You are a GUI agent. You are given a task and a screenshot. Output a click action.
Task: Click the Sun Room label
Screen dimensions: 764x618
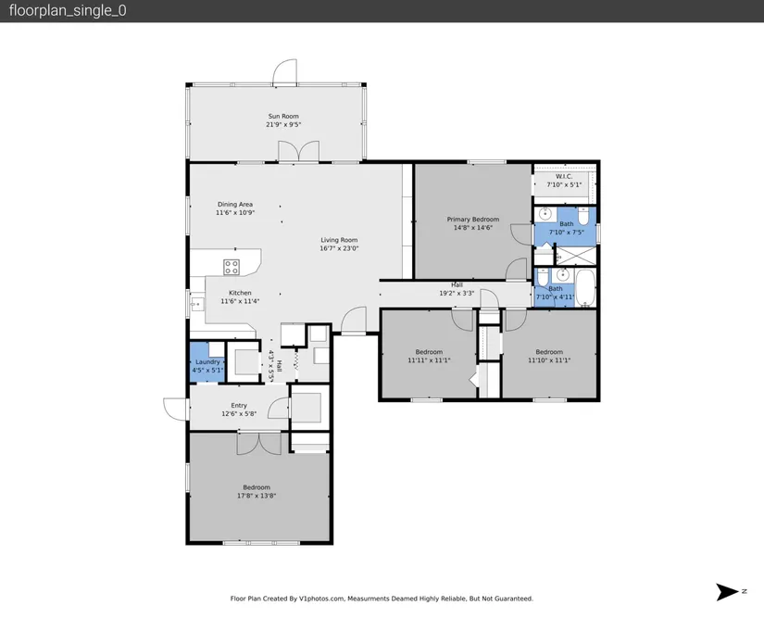[x=283, y=116]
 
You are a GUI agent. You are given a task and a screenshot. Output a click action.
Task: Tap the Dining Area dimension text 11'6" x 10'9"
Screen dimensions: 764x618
[x=235, y=212]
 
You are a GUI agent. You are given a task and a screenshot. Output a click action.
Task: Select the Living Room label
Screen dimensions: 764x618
[x=339, y=240]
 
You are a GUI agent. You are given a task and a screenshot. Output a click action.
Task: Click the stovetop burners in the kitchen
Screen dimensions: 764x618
[x=232, y=267]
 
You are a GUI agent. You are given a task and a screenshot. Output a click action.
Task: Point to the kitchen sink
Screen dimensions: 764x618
[x=197, y=304]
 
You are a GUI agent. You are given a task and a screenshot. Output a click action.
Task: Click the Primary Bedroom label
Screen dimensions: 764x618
[x=473, y=220]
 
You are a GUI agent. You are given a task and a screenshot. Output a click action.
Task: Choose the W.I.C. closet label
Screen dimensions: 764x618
[x=564, y=176]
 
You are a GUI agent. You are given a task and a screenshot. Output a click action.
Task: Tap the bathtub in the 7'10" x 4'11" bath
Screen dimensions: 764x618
[x=585, y=287]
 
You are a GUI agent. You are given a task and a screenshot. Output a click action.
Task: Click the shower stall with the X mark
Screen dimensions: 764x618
[x=576, y=256]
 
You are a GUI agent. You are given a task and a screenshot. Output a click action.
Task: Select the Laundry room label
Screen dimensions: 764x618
[x=207, y=361]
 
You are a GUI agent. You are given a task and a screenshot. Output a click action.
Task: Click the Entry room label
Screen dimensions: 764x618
[x=239, y=406]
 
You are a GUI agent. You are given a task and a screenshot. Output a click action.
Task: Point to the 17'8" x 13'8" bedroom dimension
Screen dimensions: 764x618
[x=257, y=496]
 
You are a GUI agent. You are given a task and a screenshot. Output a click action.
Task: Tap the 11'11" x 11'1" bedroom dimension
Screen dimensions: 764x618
[x=429, y=360]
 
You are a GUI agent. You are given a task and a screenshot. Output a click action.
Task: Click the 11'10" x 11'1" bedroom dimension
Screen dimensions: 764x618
[x=549, y=360]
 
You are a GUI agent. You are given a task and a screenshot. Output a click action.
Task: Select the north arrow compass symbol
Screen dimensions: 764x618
[x=727, y=592]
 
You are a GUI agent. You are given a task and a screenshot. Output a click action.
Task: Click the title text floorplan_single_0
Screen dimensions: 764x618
[x=68, y=11]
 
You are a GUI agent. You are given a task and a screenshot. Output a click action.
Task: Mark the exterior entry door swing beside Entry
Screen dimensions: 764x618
[x=175, y=409]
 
